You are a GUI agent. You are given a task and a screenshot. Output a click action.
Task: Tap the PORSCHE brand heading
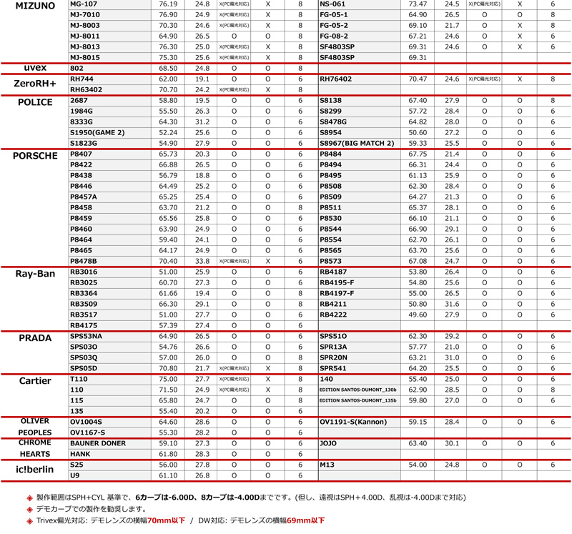point(34,157)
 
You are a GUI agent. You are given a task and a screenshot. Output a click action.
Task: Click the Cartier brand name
point(34,381)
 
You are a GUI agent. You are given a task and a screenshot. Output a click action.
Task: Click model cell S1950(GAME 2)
point(97,132)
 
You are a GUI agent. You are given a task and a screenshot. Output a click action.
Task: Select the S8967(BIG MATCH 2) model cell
point(356,143)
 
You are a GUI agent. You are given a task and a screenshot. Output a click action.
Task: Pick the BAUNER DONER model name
point(98,444)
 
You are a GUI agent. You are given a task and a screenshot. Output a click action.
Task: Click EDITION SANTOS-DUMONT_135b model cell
point(357,401)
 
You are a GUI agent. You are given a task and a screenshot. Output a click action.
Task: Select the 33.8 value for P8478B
point(202,262)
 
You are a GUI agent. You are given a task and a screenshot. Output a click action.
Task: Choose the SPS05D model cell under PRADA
point(83,369)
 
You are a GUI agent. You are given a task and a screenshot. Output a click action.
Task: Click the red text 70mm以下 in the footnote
point(167,520)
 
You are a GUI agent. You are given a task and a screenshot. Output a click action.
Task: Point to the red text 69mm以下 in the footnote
point(305,520)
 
